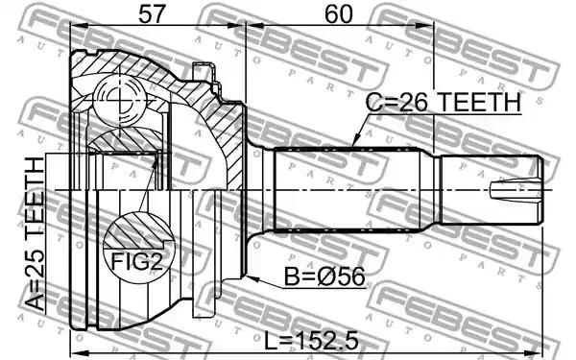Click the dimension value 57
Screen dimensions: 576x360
tap(151, 13)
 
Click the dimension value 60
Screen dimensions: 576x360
tap(339, 13)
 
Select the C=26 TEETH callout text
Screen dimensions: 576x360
tap(444, 102)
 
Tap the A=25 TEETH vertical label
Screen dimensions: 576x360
tap(36, 234)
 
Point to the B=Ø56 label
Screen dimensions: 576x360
tap(324, 276)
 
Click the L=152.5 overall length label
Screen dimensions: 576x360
tap(311, 342)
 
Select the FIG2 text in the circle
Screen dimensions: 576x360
tap(136, 261)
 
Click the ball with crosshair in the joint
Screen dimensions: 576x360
tap(119, 100)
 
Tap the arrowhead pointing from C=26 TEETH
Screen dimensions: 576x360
tap(354, 141)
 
